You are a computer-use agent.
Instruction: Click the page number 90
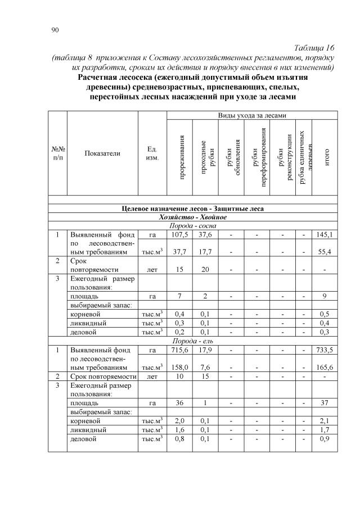tap(55, 29)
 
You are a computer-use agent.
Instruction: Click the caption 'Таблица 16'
tap(314, 47)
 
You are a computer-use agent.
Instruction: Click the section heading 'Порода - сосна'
tap(193, 225)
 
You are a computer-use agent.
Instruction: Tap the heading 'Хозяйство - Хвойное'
tap(193, 217)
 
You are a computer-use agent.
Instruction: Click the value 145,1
tap(325, 234)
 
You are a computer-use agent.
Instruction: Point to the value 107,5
tap(180, 234)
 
